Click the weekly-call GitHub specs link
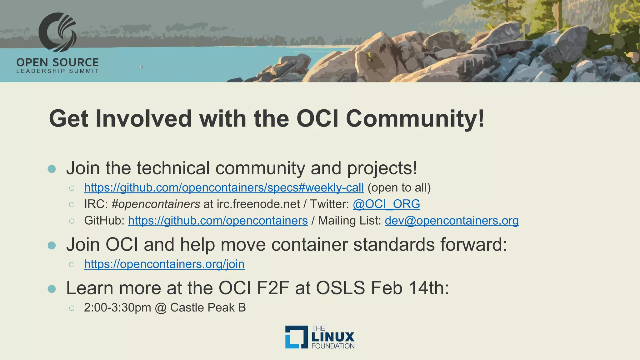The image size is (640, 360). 224,188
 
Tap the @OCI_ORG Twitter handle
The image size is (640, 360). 386,204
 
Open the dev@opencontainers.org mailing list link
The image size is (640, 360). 452,221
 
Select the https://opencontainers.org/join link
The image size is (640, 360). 164,264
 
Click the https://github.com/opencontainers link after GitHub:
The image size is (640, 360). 218,221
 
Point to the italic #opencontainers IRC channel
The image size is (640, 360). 156,204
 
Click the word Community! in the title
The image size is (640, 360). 415,118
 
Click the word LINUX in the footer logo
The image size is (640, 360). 333,337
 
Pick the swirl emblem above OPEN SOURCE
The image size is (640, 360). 57,32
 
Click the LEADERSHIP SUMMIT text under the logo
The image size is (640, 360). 57,71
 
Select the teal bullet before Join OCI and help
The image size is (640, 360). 52,245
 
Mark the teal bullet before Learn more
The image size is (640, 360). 52,289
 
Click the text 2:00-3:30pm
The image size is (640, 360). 117,308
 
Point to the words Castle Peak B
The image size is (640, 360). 208,308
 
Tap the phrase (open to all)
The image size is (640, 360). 399,188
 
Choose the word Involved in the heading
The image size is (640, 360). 143,118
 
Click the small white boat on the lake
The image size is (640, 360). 141,67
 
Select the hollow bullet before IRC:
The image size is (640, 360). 72,205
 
